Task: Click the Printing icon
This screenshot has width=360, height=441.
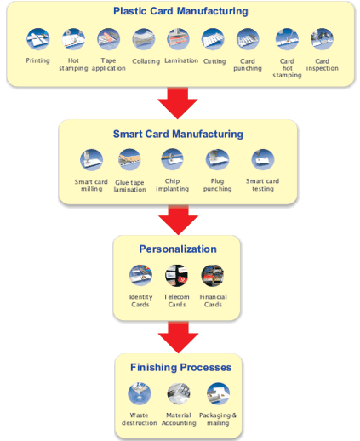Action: tap(37, 39)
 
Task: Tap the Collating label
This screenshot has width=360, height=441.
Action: tap(146, 61)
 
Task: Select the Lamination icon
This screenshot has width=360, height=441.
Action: tap(178, 39)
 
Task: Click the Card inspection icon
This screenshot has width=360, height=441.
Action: tap(322, 39)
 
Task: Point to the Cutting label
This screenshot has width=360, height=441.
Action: tap(214, 61)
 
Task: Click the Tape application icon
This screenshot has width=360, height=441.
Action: tap(108, 39)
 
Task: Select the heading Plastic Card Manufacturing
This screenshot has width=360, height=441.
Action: tap(180, 11)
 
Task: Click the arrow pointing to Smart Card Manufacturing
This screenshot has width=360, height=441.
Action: tap(178, 103)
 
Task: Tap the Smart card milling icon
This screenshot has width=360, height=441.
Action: tap(91, 160)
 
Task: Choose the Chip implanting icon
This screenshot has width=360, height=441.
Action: tap(172, 159)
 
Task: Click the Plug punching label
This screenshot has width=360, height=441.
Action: tap(217, 185)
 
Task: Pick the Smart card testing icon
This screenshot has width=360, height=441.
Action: tap(263, 159)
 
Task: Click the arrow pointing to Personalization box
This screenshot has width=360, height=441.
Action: tap(178, 220)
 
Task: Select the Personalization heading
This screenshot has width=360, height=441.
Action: tap(178, 249)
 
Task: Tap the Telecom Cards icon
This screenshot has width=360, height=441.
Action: tap(176, 276)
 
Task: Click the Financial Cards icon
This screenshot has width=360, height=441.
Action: tap(213, 276)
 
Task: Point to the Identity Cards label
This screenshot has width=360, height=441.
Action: tap(140, 301)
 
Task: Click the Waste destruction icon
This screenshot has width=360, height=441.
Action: tap(140, 393)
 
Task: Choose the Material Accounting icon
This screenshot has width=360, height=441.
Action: tap(179, 393)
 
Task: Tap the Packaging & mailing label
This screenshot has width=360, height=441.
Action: tap(218, 419)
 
